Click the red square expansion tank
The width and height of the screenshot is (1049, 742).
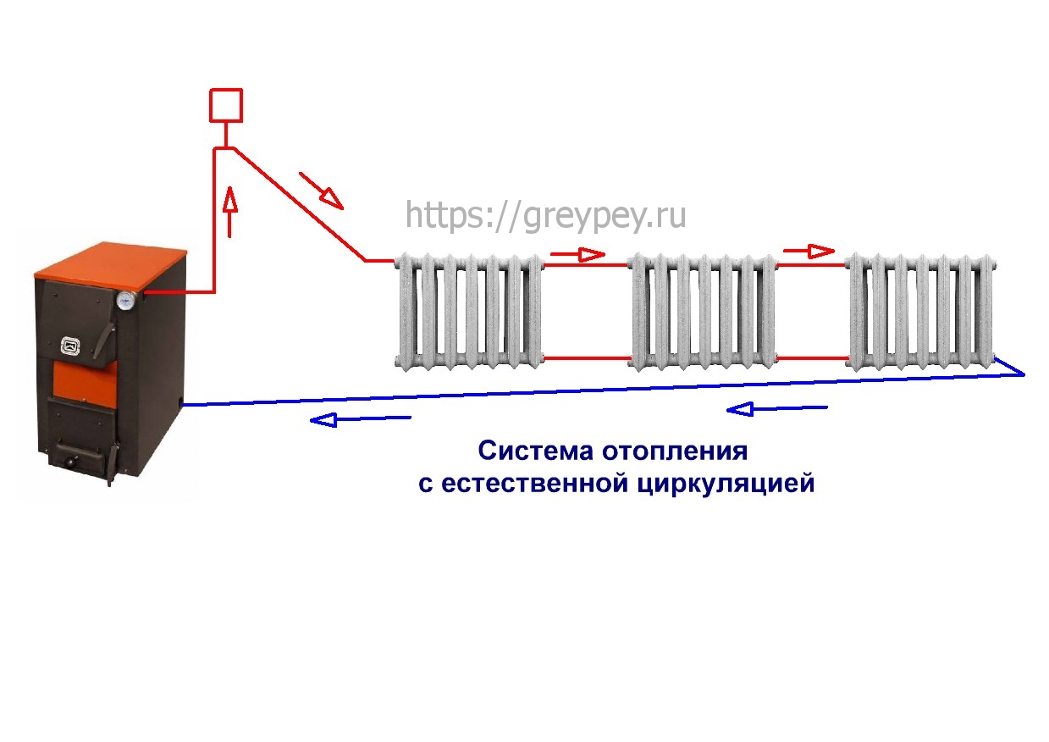tap(226, 105)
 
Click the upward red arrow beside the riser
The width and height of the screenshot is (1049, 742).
tap(229, 212)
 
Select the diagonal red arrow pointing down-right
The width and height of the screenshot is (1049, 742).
tap(321, 191)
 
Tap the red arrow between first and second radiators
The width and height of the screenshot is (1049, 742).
tap(577, 254)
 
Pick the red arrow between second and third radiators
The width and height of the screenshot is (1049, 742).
tap(809, 251)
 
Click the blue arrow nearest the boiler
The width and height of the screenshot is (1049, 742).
tap(361, 419)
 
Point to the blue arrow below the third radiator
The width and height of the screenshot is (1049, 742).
tap(777, 409)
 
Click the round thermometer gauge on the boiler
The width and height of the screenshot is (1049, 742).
tap(126, 300)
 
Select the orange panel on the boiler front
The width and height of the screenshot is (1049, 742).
tap(85, 382)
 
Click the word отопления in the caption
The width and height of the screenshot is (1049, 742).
tap(675, 452)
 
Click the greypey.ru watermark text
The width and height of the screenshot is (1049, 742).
tap(545, 216)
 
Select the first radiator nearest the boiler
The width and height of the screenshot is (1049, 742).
tap(469, 312)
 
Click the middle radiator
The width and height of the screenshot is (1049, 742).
tap(702, 312)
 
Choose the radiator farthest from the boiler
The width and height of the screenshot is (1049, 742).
tap(922, 312)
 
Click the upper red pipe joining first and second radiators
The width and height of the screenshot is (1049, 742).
tap(586, 265)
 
